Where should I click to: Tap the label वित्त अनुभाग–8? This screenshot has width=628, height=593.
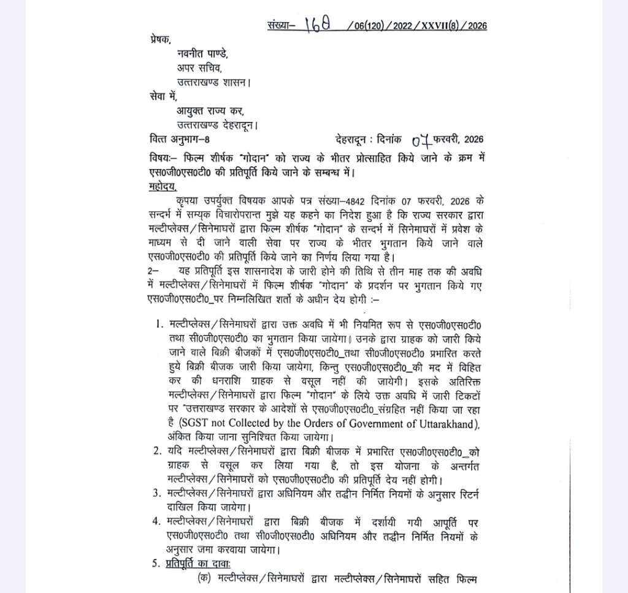180,138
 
